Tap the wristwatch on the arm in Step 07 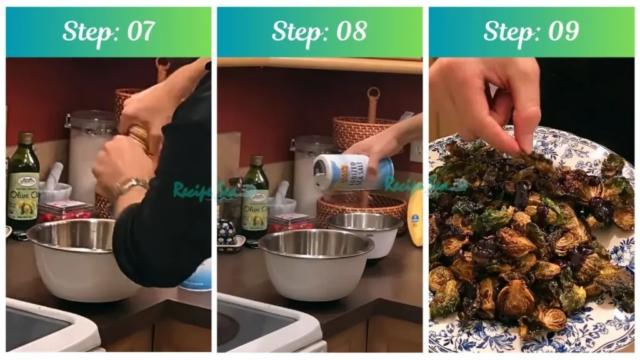tap(130, 186)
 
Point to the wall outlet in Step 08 tap(416, 152)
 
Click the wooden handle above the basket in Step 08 tap(374, 103)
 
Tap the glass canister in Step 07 tap(89, 156)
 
